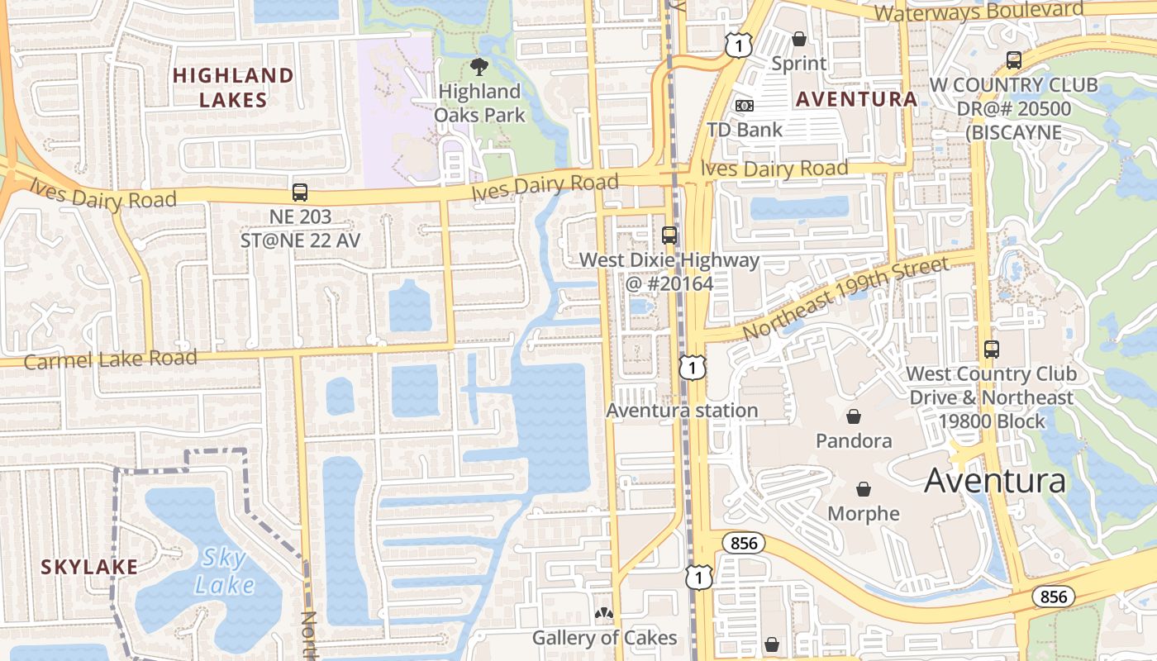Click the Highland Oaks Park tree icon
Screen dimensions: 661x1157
(479, 67)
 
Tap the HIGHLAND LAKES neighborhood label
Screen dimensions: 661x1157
(233, 88)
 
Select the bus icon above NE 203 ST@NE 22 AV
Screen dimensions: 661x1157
(300, 193)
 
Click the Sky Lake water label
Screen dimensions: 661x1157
(224, 572)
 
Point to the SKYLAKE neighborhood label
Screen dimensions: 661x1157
(89, 567)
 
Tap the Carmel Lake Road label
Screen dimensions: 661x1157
(111, 359)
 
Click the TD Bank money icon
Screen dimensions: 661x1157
(744, 106)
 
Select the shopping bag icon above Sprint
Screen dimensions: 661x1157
(798, 38)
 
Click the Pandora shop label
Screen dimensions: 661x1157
(854, 440)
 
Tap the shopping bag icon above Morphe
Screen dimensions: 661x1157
(864, 489)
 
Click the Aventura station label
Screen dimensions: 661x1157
(682, 410)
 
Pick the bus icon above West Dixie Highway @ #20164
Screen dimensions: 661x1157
(669, 235)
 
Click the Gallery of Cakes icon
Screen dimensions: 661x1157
(604, 614)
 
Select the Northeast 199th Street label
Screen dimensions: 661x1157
(845, 297)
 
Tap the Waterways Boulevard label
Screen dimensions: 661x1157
(978, 12)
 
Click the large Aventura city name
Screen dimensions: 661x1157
(994, 480)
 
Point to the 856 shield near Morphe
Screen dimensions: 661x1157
(743, 543)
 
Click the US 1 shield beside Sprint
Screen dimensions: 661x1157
(738, 45)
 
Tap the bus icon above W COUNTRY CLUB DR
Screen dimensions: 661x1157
(1013, 60)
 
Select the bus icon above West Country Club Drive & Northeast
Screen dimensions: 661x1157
(991, 350)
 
